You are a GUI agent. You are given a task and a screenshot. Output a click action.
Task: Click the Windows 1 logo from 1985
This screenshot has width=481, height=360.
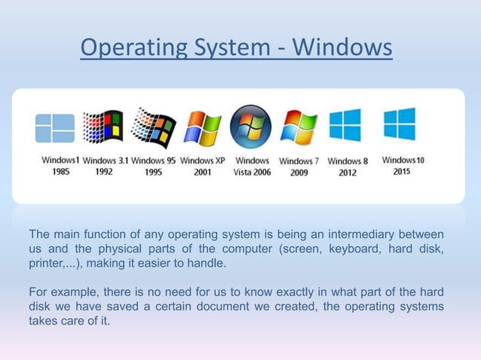[x=55, y=129]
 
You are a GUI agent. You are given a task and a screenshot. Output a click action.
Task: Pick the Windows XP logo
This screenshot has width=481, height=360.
[x=202, y=128]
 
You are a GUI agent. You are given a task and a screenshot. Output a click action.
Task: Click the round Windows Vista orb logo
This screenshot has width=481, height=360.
[x=251, y=127]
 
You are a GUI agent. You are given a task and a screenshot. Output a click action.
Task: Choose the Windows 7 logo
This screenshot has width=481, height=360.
[x=299, y=127]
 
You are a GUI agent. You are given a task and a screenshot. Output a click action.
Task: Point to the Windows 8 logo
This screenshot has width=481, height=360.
[x=347, y=126]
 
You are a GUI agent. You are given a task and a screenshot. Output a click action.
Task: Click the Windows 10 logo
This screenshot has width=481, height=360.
[x=399, y=124]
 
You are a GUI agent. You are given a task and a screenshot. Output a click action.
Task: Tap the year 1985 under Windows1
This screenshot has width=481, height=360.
[x=61, y=172]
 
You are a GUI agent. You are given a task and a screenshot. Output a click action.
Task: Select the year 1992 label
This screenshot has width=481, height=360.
[x=105, y=172]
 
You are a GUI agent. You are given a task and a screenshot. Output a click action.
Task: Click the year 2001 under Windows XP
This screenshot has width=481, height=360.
[x=202, y=172]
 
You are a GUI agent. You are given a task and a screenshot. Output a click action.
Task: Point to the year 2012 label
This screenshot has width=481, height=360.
[x=348, y=172]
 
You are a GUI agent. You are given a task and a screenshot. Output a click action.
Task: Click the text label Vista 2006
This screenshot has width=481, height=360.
[x=252, y=172]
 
